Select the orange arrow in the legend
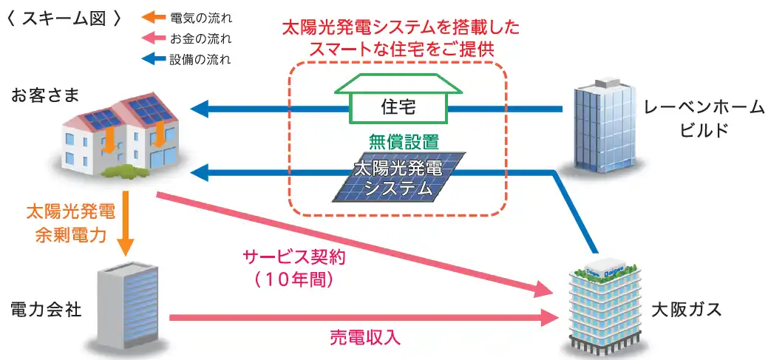click(154, 16)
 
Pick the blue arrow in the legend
click(154, 59)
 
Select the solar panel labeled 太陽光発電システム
click(400, 177)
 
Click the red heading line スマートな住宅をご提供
click(401, 50)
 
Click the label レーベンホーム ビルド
click(702, 119)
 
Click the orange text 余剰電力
click(70, 236)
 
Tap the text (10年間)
click(294, 280)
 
